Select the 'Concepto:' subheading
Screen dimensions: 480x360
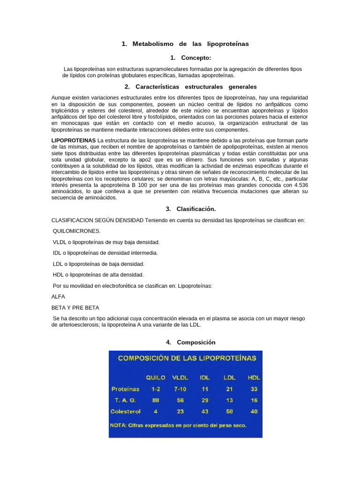196,58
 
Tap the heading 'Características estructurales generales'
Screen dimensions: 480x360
196,87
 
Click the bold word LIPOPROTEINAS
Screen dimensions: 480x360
73,140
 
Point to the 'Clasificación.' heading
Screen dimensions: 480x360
196,209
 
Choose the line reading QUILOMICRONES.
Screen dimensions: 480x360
77,231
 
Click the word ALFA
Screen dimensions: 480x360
58,297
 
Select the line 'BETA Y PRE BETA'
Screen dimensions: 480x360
75,307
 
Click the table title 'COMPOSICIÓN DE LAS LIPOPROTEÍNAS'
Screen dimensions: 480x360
187,358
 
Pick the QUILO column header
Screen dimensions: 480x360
156,377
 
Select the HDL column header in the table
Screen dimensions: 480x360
254,377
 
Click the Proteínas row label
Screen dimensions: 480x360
125,389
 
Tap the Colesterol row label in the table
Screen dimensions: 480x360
125,411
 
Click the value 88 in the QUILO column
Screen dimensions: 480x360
156,400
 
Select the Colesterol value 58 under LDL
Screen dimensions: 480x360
228,411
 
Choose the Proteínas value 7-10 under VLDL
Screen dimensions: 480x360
180,389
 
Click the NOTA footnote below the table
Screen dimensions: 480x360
178,426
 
